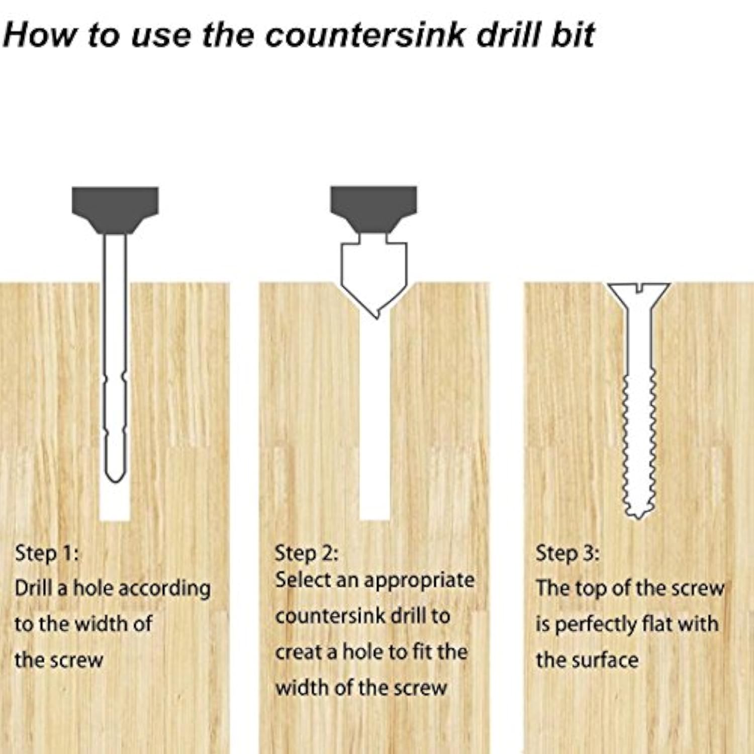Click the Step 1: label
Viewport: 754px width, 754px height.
click(x=47, y=553)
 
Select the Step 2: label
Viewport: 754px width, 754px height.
click(x=306, y=553)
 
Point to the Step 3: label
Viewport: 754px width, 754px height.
click(x=567, y=553)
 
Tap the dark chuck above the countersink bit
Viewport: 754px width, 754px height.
click(x=373, y=210)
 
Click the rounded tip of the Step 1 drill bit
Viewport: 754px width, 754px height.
click(x=115, y=479)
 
